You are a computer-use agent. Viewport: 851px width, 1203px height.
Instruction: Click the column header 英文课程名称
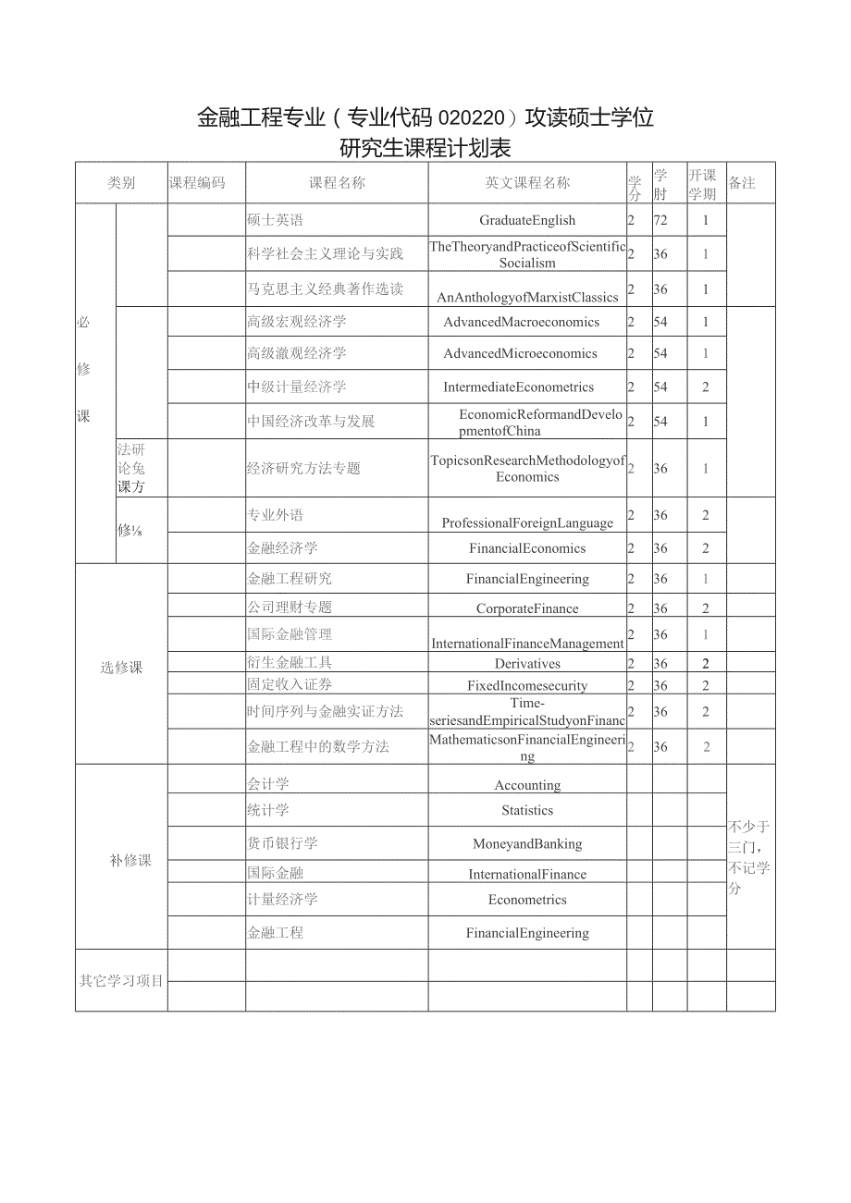527,183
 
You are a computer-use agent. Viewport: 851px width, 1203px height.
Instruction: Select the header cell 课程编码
197,183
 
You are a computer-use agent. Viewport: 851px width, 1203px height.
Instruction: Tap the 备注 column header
742,183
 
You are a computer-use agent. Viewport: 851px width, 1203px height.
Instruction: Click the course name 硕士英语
275,220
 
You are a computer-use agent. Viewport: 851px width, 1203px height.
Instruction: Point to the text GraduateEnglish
527,220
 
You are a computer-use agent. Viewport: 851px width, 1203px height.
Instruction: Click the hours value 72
660,220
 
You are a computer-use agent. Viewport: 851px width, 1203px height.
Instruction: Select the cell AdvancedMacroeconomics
522,322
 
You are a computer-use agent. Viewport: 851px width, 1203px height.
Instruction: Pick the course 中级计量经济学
297,387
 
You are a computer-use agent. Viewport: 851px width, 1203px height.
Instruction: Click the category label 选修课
121,668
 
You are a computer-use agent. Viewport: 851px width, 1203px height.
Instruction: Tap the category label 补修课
130,861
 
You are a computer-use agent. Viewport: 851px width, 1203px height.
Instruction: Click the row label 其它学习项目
121,980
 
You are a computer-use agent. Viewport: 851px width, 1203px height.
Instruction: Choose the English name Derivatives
527,664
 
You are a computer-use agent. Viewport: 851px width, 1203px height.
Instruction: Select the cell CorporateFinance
527,608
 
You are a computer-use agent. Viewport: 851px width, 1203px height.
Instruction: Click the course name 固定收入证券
290,685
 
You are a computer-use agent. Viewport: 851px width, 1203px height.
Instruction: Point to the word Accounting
527,785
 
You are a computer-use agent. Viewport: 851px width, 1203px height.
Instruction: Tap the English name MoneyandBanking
527,843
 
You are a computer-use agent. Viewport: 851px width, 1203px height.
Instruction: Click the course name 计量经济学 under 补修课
282,900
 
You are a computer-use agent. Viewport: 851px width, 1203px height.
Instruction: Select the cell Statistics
527,810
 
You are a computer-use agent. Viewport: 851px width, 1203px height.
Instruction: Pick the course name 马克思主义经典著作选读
325,289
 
